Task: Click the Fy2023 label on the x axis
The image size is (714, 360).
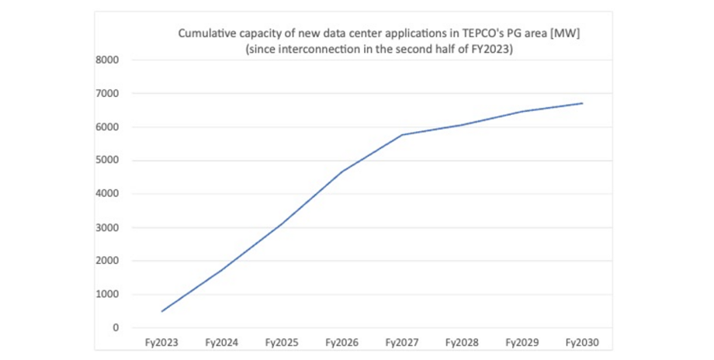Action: click(x=161, y=341)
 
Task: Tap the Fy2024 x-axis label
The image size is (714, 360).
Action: click(x=221, y=341)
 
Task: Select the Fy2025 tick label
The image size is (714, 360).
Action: click(x=281, y=341)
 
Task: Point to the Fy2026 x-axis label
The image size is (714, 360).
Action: click(x=341, y=341)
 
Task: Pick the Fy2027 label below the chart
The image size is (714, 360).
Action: click(x=402, y=341)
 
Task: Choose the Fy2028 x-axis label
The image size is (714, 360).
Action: click(x=462, y=341)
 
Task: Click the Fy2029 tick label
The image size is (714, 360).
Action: click(x=522, y=341)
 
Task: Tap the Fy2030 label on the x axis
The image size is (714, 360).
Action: click(x=582, y=341)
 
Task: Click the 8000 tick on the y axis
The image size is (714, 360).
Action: click(x=107, y=60)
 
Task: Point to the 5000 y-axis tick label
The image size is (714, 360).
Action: click(x=107, y=161)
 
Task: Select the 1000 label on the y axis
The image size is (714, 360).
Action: click(x=107, y=294)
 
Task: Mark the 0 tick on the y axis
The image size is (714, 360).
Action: click(x=116, y=327)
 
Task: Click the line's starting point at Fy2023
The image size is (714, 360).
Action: click(x=161, y=311)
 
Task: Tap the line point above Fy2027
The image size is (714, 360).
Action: click(x=402, y=135)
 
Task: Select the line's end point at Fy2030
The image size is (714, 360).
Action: click(x=582, y=103)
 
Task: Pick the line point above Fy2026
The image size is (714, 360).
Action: click(x=341, y=171)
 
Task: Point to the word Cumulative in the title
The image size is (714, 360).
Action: click(x=206, y=33)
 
